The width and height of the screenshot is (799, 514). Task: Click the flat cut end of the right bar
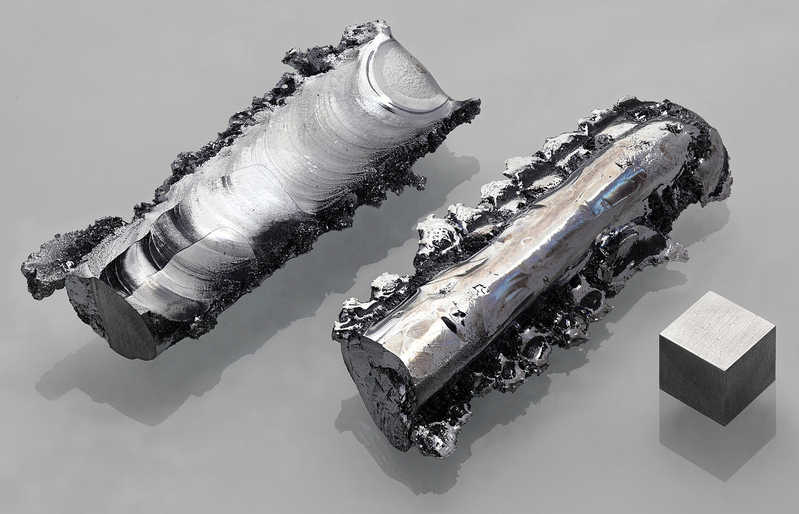tap(375, 387)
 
